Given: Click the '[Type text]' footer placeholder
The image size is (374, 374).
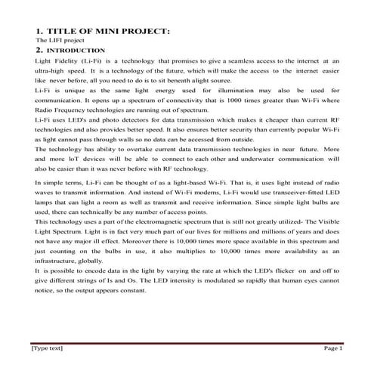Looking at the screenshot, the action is (47, 348).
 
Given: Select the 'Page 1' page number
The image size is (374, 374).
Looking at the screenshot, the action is (334, 348).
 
